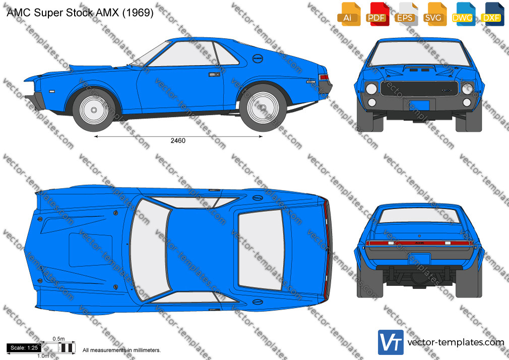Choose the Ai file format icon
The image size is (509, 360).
click(349, 14)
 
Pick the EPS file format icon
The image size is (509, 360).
click(406, 14)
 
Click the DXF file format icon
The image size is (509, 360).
click(493, 14)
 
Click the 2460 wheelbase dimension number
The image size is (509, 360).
click(178, 141)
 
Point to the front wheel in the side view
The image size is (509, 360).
click(94, 110)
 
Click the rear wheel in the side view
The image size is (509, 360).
click(263, 107)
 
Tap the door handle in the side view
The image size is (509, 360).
click(214, 75)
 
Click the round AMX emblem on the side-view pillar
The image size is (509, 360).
click(258, 58)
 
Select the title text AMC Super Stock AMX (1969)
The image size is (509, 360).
click(80, 13)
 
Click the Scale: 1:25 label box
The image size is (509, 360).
click(24, 348)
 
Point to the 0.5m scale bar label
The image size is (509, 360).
click(59, 339)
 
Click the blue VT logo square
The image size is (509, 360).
click(391, 342)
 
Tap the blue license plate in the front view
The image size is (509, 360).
click(419, 105)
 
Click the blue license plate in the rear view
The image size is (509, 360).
click(419, 259)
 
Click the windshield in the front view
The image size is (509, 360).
click(419, 53)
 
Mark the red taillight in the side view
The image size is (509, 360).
click(324, 77)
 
